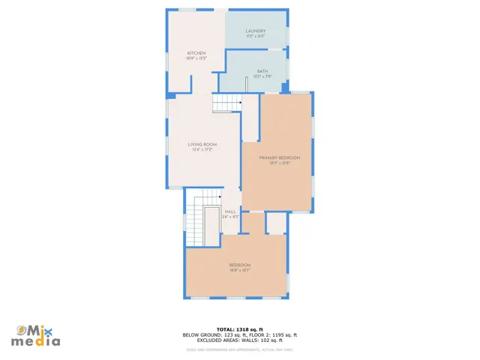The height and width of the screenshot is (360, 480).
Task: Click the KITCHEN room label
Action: click(x=196, y=53)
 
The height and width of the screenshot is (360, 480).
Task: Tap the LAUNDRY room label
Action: click(x=256, y=31)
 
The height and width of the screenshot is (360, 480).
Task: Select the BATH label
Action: click(x=262, y=71)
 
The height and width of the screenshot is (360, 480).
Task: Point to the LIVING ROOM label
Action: click(x=202, y=144)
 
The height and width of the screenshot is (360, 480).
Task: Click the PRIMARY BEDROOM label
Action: click(x=280, y=157)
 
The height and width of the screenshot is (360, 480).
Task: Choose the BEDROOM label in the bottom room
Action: click(x=240, y=265)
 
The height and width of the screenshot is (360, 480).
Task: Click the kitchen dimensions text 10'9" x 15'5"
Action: click(x=196, y=58)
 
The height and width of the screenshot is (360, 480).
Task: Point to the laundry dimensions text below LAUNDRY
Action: click(x=256, y=36)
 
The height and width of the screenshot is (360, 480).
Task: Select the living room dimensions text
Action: click(x=202, y=149)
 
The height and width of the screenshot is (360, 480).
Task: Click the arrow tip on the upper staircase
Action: click(x=240, y=103)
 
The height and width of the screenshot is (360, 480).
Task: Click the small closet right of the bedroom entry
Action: click(x=276, y=222)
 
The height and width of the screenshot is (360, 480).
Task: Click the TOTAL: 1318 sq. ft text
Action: click(x=240, y=329)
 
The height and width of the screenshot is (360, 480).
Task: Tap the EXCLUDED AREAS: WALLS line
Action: click(x=240, y=340)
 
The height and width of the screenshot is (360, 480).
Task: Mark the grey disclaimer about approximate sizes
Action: click(x=240, y=349)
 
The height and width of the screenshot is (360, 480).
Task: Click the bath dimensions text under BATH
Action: click(x=262, y=76)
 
